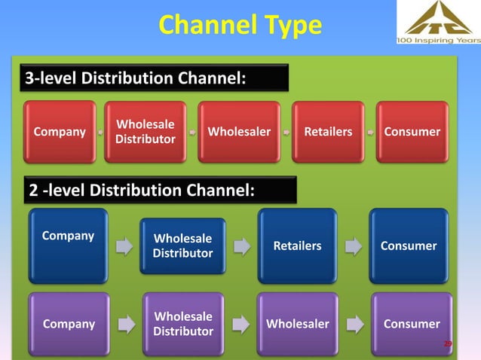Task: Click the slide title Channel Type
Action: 240,26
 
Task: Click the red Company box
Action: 60,132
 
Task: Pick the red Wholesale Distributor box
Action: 146,132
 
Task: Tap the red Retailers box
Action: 327,132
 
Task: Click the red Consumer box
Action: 412,132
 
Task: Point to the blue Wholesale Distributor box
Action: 182,246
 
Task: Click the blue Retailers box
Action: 297,246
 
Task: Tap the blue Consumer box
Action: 409,246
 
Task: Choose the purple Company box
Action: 69,324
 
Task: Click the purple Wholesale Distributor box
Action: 182,324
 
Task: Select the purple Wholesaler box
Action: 297,324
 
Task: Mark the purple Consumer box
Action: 412,324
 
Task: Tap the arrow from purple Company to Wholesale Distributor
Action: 124,324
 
